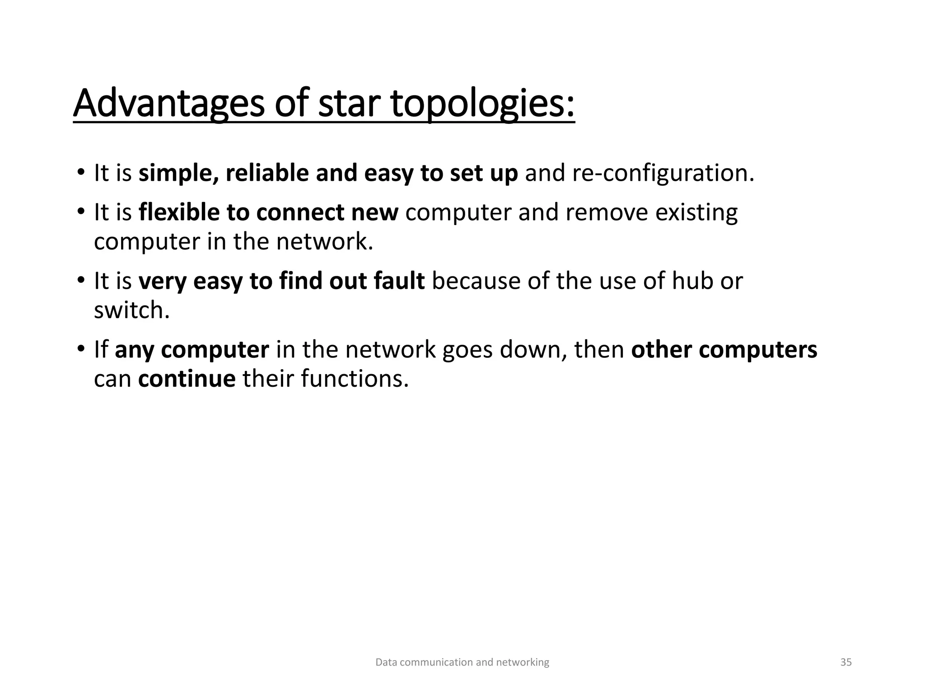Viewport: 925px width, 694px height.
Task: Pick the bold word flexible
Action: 179,212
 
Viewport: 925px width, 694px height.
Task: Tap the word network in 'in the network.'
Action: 325,241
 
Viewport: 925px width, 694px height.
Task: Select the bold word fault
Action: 399,281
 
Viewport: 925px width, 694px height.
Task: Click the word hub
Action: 692,281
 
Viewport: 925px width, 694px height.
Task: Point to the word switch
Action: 131,310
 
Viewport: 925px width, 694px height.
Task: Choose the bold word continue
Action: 187,378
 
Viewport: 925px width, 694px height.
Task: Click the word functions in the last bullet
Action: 355,378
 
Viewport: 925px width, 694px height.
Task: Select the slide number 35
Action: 846,662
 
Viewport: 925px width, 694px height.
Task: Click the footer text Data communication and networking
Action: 462,662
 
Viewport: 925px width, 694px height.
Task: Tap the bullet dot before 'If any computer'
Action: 80,349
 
